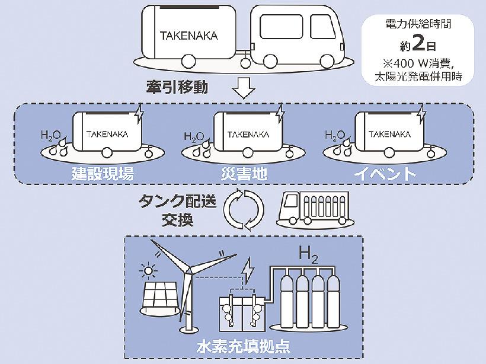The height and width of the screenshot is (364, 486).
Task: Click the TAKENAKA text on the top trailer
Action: [x=188, y=35]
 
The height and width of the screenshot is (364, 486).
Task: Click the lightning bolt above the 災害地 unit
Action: [x=280, y=113]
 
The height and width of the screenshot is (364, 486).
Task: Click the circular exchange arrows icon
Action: [x=244, y=208]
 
